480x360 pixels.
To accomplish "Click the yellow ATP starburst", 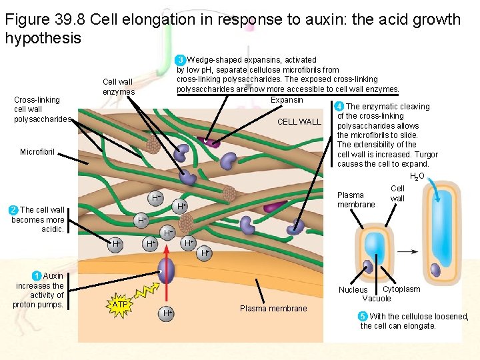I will click(x=119, y=305).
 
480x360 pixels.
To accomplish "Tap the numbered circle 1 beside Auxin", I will click(x=37, y=276).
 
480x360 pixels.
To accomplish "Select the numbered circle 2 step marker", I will click(x=13, y=210).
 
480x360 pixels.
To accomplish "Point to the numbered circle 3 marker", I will click(x=181, y=60).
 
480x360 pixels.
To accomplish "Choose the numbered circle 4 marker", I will click(x=339, y=107).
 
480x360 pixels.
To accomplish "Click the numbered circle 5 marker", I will click(x=363, y=316).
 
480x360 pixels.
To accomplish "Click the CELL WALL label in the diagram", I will click(x=299, y=122).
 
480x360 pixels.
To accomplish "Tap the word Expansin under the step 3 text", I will click(x=287, y=100).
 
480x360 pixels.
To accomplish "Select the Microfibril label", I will click(x=37, y=152).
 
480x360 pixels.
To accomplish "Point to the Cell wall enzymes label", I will click(x=119, y=87).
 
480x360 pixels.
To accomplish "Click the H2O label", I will click(x=417, y=176).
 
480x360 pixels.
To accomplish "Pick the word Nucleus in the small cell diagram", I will click(x=353, y=290).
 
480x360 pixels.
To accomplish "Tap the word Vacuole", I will click(x=377, y=299).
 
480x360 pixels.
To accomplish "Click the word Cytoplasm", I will click(x=401, y=289).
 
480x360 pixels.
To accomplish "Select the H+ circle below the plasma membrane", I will click(x=167, y=312).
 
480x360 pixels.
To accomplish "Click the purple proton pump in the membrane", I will click(x=166, y=270).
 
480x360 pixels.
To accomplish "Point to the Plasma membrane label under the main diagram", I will click(x=273, y=308).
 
